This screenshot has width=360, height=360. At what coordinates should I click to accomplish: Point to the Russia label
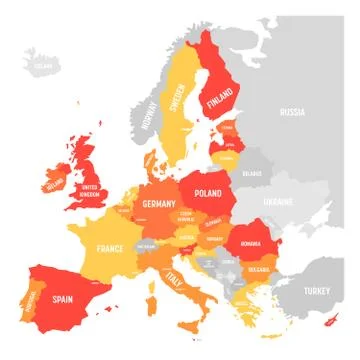coord(292,112)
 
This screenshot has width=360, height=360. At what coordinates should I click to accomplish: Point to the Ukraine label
coord(277,203)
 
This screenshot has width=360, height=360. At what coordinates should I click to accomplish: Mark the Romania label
coord(249,243)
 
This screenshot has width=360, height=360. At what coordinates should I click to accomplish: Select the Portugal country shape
coord(32,298)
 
